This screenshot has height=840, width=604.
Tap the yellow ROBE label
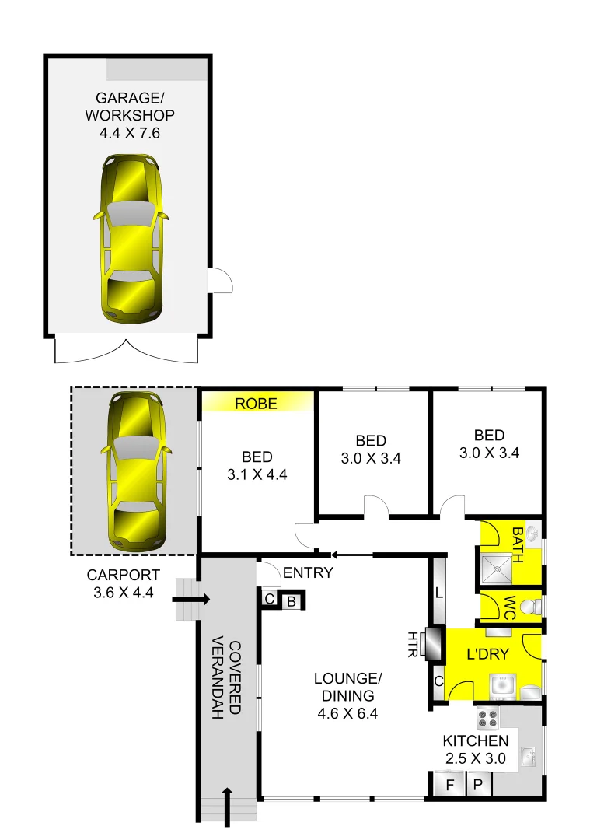pos(257,403)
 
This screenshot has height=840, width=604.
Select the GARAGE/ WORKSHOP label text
pos(134,115)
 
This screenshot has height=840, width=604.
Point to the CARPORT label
pos(124,583)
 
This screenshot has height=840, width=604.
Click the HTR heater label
pos(413,644)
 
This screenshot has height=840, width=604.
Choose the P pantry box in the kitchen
pos(479,785)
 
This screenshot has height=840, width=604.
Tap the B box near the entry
pos(292,600)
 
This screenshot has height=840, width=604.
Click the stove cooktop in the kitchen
pos(487,717)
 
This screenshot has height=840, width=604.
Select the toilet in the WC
pos(530,606)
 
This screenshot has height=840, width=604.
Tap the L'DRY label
pos(487,654)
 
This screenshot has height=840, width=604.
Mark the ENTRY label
pos(308,573)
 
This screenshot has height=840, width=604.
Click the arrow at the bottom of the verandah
pos(228,806)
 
